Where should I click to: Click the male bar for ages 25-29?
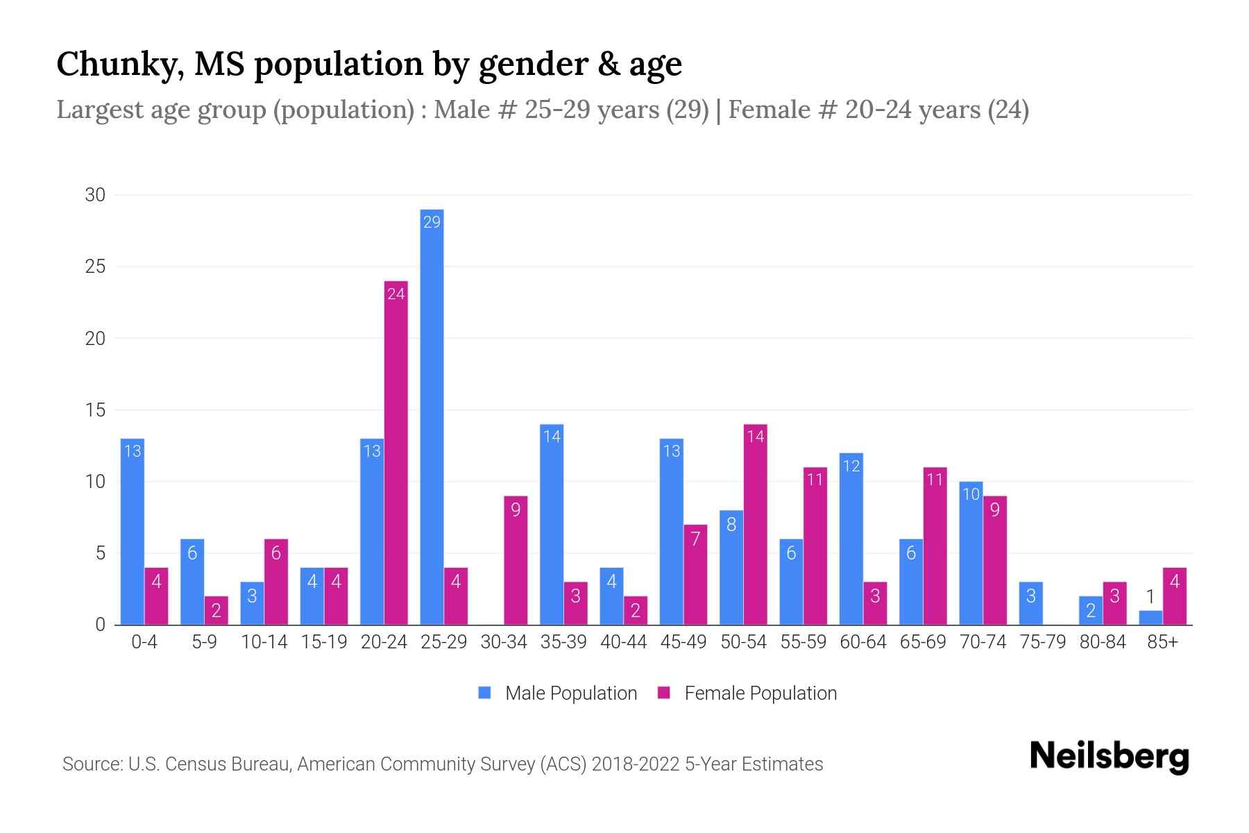tap(432, 416)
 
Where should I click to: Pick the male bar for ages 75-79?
tap(1030, 603)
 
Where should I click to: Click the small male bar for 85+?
tap(1150, 618)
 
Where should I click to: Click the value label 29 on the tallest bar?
tap(432, 222)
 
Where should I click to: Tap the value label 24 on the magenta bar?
tap(396, 294)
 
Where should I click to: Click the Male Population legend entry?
tap(558, 693)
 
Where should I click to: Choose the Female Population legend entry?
tap(747, 693)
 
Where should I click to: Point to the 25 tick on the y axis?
tap(95, 267)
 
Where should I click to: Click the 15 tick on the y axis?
tap(95, 410)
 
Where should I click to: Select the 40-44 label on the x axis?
tap(623, 642)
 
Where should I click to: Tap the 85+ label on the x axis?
tap(1162, 642)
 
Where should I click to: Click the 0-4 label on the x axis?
tap(144, 642)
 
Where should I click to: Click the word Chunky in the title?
tap(119, 65)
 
